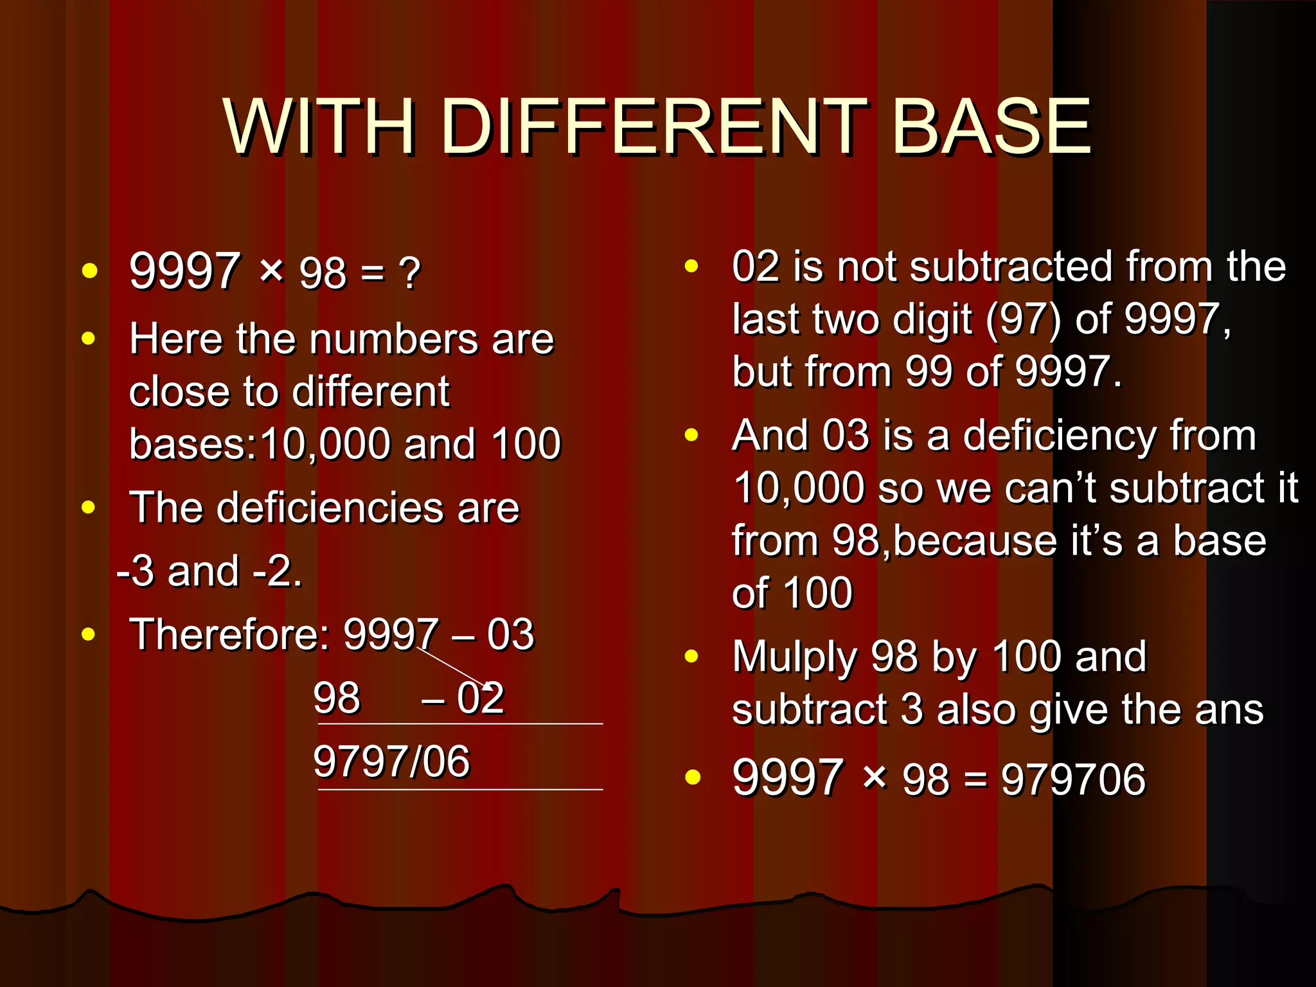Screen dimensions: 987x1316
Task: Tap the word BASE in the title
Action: [x=991, y=127]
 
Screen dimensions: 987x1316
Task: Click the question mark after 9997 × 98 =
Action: [x=409, y=274]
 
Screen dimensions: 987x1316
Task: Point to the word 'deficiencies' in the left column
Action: [x=331, y=508]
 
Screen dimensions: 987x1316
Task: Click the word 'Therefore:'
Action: [x=229, y=635]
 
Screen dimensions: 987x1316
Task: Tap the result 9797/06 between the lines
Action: [x=391, y=761]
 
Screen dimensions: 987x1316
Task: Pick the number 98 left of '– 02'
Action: [x=337, y=698]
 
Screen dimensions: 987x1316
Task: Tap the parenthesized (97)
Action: [x=1023, y=319]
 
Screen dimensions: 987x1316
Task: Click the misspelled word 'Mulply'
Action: [x=795, y=657]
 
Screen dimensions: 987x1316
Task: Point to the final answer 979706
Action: [x=1073, y=779]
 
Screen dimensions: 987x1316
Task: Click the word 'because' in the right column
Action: [x=974, y=541]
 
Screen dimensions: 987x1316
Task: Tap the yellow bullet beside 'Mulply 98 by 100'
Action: [x=691, y=656]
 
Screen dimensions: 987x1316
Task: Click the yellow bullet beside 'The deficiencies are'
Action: [x=89, y=508]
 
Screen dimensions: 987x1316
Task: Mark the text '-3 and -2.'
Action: [x=209, y=571]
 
